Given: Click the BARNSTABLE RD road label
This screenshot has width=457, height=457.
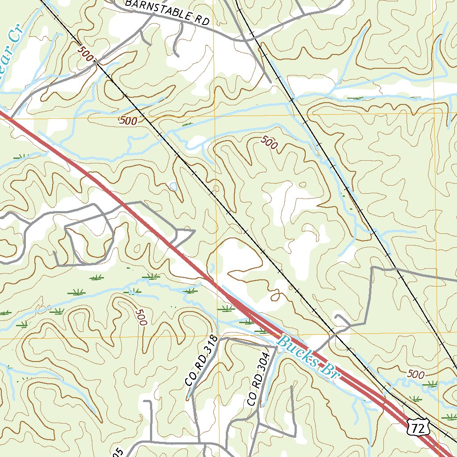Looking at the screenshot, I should (x=167, y=12).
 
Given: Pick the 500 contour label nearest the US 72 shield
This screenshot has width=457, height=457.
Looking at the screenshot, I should (x=415, y=374).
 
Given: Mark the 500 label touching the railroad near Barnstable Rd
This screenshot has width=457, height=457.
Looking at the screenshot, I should (x=86, y=55).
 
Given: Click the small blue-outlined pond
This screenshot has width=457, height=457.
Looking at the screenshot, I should (x=173, y=186).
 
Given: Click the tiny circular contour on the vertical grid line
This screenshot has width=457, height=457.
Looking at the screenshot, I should (x=216, y=188).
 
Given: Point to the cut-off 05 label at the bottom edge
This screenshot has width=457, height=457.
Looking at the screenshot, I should (x=117, y=453).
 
